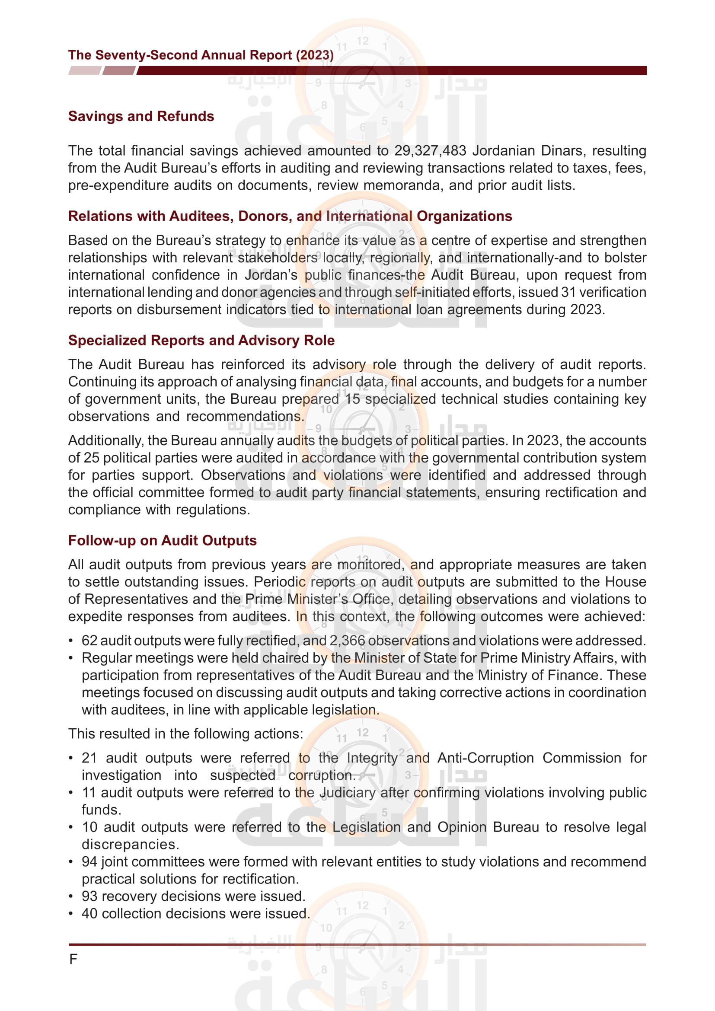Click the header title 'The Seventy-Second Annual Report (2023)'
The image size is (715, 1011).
(201, 55)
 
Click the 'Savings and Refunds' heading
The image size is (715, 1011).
(141, 116)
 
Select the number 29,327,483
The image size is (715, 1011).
(430, 150)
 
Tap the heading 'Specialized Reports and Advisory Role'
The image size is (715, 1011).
(201, 340)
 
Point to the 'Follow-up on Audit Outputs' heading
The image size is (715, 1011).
(162, 540)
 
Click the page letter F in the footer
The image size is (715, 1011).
(73, 959)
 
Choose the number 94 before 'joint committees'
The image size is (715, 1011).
(89, 862)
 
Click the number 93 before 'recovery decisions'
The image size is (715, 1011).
(89, 896)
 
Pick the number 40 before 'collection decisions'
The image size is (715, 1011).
(89, 914)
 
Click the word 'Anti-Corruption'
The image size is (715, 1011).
(485, 758)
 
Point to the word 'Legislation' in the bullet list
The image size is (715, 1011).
(366, 827)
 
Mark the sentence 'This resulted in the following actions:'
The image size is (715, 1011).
(185, 734)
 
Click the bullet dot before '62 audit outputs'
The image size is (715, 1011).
(70, 641)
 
